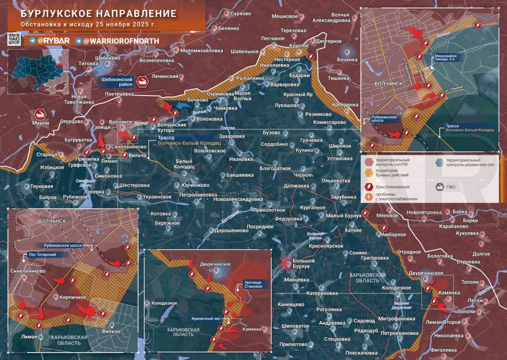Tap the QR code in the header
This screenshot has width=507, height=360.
14,39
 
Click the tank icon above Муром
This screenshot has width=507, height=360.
41,113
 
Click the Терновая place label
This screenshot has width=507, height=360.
41,187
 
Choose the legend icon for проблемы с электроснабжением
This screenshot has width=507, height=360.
369,196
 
